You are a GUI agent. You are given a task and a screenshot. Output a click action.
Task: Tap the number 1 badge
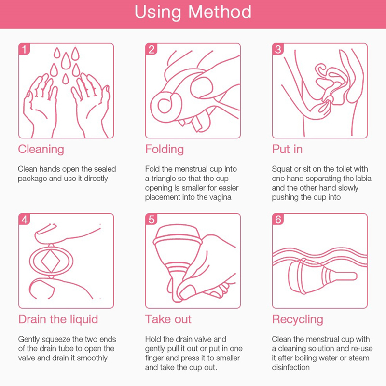point(24,49)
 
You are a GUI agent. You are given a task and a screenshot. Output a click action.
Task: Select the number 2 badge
point(151,49)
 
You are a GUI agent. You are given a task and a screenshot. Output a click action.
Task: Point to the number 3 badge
point(278,49)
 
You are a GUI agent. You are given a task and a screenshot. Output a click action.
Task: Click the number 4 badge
point(24,219)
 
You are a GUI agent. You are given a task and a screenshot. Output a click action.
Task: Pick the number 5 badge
point(151,219)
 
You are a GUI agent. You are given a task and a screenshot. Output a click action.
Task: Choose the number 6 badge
point(278,219)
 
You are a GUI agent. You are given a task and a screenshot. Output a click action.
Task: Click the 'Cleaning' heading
point(41,149)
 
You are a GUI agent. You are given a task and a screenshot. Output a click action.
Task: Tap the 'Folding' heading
point(165,149)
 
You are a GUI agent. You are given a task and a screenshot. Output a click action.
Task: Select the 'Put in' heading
point(287,149)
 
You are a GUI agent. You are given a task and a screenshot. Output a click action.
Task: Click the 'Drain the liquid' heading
point(58,319)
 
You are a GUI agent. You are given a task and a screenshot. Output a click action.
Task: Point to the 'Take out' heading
point(168,319)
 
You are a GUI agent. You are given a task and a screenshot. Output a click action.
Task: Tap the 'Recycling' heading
point(297,319)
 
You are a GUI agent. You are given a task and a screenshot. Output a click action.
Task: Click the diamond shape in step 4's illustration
point(51,261)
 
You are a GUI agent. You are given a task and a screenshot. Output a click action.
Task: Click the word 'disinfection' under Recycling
point(290,367)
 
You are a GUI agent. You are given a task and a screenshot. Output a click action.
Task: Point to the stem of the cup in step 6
point(344,276)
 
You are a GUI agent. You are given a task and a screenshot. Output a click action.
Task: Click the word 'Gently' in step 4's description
point(29,340)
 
